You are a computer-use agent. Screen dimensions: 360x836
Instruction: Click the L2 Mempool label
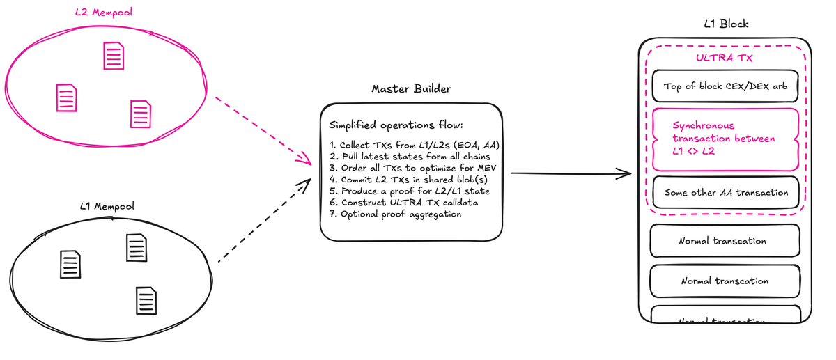(104, 12)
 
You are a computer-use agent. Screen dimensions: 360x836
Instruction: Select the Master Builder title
(410, 89)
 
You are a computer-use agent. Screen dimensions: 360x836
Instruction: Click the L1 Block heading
(727, 24)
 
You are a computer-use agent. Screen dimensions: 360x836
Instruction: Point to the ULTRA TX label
(724, 58)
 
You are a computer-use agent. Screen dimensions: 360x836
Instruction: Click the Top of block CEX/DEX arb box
(726, 87)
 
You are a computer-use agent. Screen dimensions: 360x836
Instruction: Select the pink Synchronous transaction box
(725, 139)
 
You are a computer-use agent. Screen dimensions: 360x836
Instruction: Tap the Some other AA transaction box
(726, 192)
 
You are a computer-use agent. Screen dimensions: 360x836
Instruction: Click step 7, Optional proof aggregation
(395, 214)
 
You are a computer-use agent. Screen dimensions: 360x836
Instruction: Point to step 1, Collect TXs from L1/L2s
(416, 145)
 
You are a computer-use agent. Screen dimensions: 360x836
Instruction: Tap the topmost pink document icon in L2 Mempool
(114, 55)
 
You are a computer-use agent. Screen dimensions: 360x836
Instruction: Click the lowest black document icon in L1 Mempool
(146, 299)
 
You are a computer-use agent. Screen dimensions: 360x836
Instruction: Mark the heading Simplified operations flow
(395, 126)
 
